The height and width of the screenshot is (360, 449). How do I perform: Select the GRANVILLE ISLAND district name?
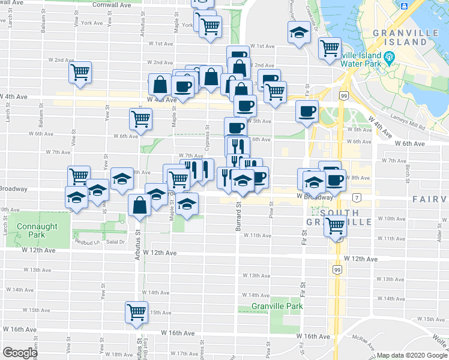400,37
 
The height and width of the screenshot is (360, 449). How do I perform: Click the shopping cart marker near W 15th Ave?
137,311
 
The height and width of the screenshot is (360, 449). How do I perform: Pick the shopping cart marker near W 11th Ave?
335,226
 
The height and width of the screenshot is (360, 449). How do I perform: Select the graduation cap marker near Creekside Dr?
298,34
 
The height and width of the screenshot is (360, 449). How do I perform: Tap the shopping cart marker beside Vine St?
80,72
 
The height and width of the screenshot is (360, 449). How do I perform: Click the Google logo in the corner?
20,353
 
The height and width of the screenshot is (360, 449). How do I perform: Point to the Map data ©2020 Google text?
411,355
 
